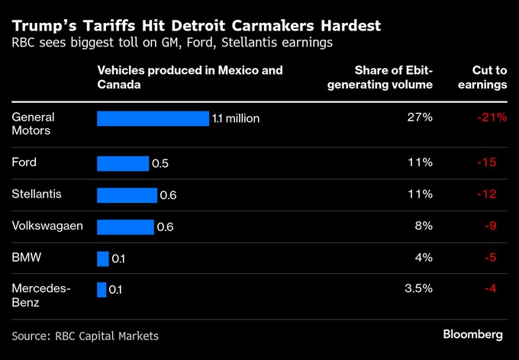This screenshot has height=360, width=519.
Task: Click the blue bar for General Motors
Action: [153, 118]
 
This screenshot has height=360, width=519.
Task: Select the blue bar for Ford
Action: [123, 163]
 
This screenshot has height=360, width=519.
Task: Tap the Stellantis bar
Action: [127, 195]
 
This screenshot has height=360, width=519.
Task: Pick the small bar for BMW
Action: [103, 259]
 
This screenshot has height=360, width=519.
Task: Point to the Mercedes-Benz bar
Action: [102, 290]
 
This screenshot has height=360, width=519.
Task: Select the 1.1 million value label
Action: [237, 118]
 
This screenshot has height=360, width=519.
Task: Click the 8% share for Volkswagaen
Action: [424, 227]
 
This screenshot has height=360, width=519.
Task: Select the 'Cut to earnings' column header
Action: [482, 78]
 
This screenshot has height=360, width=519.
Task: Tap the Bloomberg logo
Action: [473, 335]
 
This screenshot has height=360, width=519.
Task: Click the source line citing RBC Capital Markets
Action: [85, 336]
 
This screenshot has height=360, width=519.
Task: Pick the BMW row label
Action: [27, 258]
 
